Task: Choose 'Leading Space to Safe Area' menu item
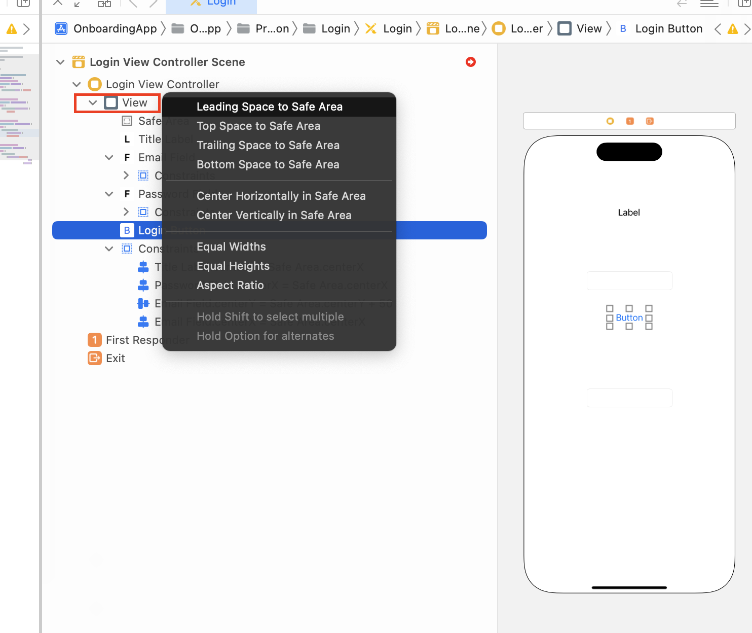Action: tap(269, 107)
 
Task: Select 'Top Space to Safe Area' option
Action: tap(258, 126)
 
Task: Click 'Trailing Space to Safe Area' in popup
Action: tap(268, 145)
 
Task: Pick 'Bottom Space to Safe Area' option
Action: tap(268, 164)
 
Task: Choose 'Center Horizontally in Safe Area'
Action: tap(281, 196)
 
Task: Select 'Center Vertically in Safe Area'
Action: tap(274, 215)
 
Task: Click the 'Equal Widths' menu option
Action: tap(231, 247)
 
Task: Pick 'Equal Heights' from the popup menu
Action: tap(233, 266)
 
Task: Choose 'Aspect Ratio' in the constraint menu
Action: tap(230, 285)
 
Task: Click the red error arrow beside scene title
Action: tap(471, 62)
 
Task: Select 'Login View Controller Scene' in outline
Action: tap(167, 62)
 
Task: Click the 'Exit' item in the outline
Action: tap(115, 358)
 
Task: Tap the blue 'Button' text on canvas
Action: tap(629, 318)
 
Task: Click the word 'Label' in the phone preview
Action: tap(629, 213)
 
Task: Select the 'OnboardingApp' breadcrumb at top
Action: tap(115, 29)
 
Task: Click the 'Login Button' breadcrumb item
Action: tap(668, 29)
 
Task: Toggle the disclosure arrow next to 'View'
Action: tap(93, 102)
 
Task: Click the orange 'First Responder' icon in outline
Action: tap(95, 340)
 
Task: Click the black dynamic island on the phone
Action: tap(629, 152)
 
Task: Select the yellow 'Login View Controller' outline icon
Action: tap(95, 84)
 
